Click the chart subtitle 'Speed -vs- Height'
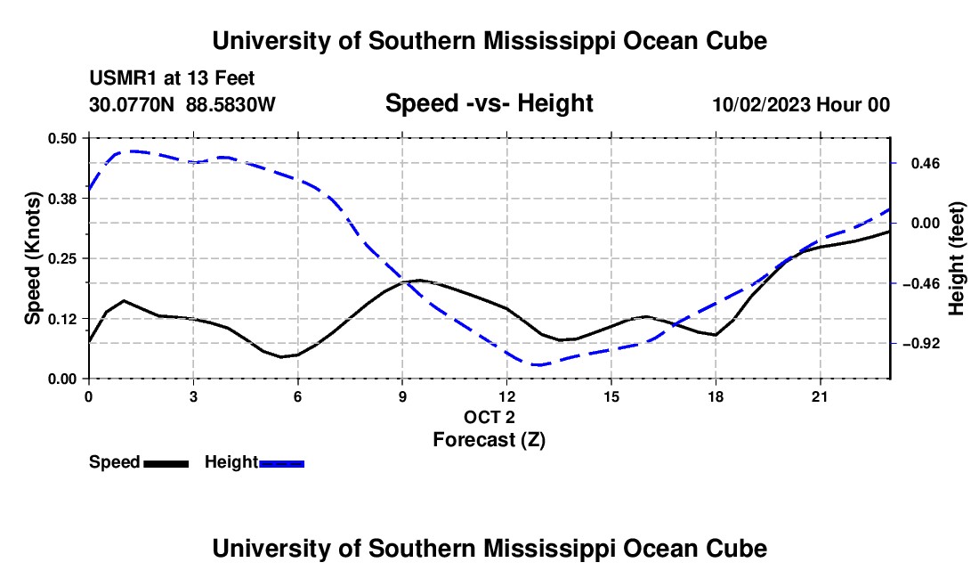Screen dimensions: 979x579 tap(489, 103)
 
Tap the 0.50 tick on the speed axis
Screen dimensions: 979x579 tap(61, 138)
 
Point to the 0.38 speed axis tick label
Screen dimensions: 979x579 tap(61, 199)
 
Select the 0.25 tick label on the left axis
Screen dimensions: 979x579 tap(61, 258)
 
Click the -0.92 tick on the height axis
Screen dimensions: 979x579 tap(925, 344)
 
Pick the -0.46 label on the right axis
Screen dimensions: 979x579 tap(925, 284)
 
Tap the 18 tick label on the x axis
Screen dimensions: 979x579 tap(716, 396)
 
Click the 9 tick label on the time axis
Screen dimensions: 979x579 tap(402, 396)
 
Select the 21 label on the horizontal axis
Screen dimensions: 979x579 tap(820, 396)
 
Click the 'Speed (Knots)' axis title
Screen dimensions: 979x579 tap(32, 258)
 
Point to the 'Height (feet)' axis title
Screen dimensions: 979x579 tap(956, 258)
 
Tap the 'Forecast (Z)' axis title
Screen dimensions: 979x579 tap(489, 440)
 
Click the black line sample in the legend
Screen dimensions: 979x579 tap(166, 464)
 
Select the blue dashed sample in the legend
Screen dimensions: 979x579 tap(281, 464)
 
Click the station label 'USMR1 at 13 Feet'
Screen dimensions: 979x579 tap(172, 78)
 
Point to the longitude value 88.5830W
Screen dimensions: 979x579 tap(231, 104)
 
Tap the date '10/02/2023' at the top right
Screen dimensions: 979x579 tap(762, 104)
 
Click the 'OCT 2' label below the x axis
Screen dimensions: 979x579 tap(489, 417)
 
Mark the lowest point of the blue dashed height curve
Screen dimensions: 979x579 tap(537, 364)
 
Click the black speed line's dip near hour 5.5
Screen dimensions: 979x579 tap(281, 357)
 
